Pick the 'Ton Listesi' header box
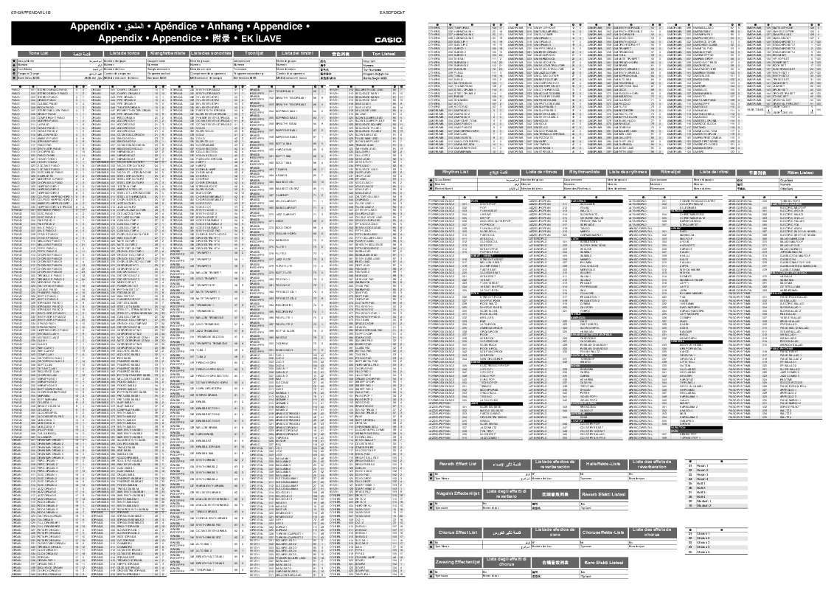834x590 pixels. click(x=383, y=55)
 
